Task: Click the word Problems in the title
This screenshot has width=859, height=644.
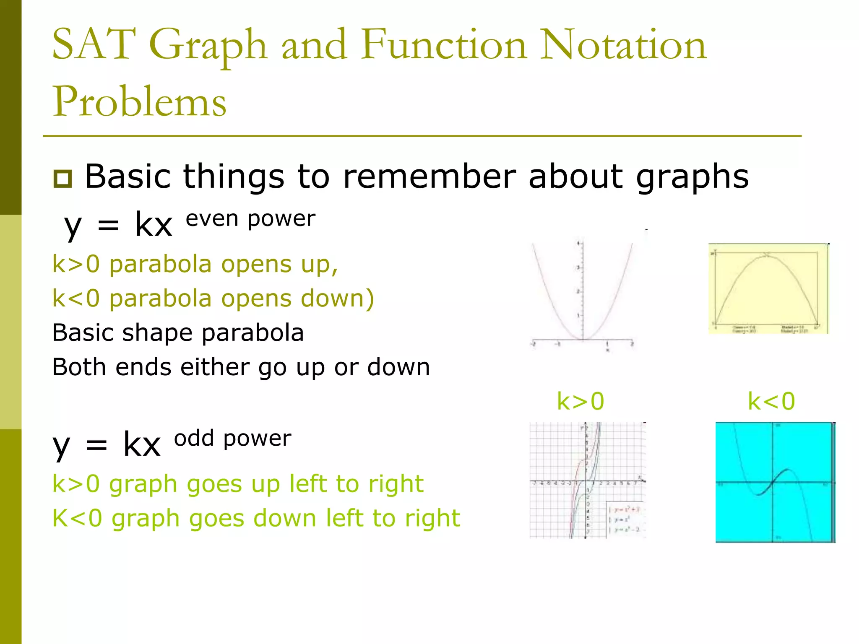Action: click(x=139, y=102)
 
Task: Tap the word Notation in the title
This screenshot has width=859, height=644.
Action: click(x=623, y=44)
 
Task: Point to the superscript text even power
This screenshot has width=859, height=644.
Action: click(x=250, y=219)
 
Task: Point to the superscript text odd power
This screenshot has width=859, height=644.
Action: click(x=233, y=439)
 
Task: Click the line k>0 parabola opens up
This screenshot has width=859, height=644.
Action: click(x=195, y=265)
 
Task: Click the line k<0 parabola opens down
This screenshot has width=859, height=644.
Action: click(x=213, y=299)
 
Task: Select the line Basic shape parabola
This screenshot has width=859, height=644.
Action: click(x=178, y=333)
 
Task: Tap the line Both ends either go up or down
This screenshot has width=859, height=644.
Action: click(x=241, y=367)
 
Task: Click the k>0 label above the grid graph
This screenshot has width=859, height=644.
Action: click(x=580, y=401)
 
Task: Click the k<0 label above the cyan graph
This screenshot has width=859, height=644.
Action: click(x=771, y=401)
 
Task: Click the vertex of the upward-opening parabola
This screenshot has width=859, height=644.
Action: click(x=583, y=339)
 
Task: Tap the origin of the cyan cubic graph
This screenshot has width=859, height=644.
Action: click(x=773, y=482)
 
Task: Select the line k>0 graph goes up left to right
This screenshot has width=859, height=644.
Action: click(x=237, y=484)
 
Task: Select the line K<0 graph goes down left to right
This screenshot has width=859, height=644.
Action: click(x=256, y=518)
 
